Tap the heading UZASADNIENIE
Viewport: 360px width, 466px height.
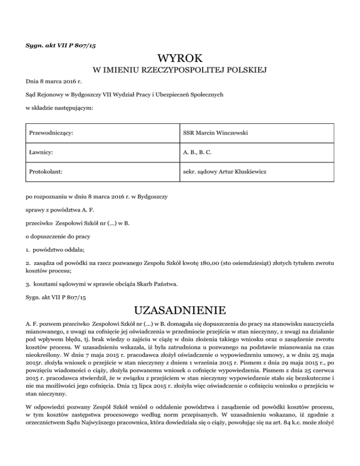(x=180, y=310)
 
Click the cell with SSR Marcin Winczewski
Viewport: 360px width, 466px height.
(x=216, y=135)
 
